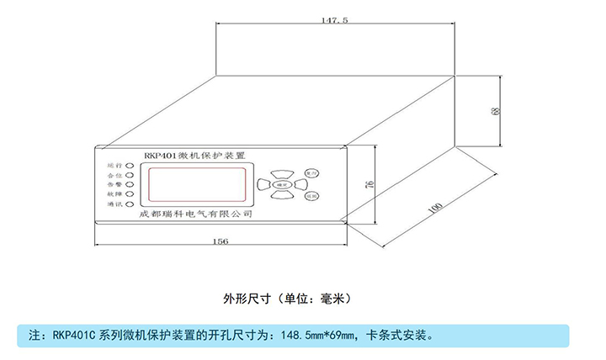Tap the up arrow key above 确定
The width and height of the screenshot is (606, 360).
click(x=281, y=171)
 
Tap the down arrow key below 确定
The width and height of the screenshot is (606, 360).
click(x=281, y=196)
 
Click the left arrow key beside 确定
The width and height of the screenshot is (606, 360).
click(x=263, y=183)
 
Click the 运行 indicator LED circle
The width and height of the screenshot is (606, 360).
click(x=130, y=166)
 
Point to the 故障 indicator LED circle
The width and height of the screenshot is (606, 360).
click(x=130, y=194)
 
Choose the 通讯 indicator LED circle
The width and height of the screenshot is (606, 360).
click(x=130, y=204)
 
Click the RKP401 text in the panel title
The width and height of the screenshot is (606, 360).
click(x=159, y=155)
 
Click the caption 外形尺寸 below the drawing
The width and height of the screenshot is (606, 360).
click(x=245, y=298)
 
